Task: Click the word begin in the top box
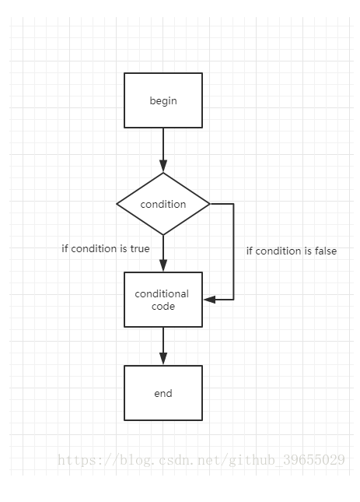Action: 163,101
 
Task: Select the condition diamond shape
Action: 163,204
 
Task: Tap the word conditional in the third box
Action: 162,293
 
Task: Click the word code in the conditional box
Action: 163,307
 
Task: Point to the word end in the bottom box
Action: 163,393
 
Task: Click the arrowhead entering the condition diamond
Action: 163,167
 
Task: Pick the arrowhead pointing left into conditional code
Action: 209,300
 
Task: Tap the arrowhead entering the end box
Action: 163,359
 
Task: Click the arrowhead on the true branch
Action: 163,265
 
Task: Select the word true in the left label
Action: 140,249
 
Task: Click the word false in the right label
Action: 326,251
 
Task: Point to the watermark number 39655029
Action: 314,460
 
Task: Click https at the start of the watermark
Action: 77,460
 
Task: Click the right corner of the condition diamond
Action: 210,204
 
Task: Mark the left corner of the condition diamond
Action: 117,204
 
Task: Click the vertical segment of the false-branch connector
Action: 233,251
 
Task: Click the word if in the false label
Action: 250,251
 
